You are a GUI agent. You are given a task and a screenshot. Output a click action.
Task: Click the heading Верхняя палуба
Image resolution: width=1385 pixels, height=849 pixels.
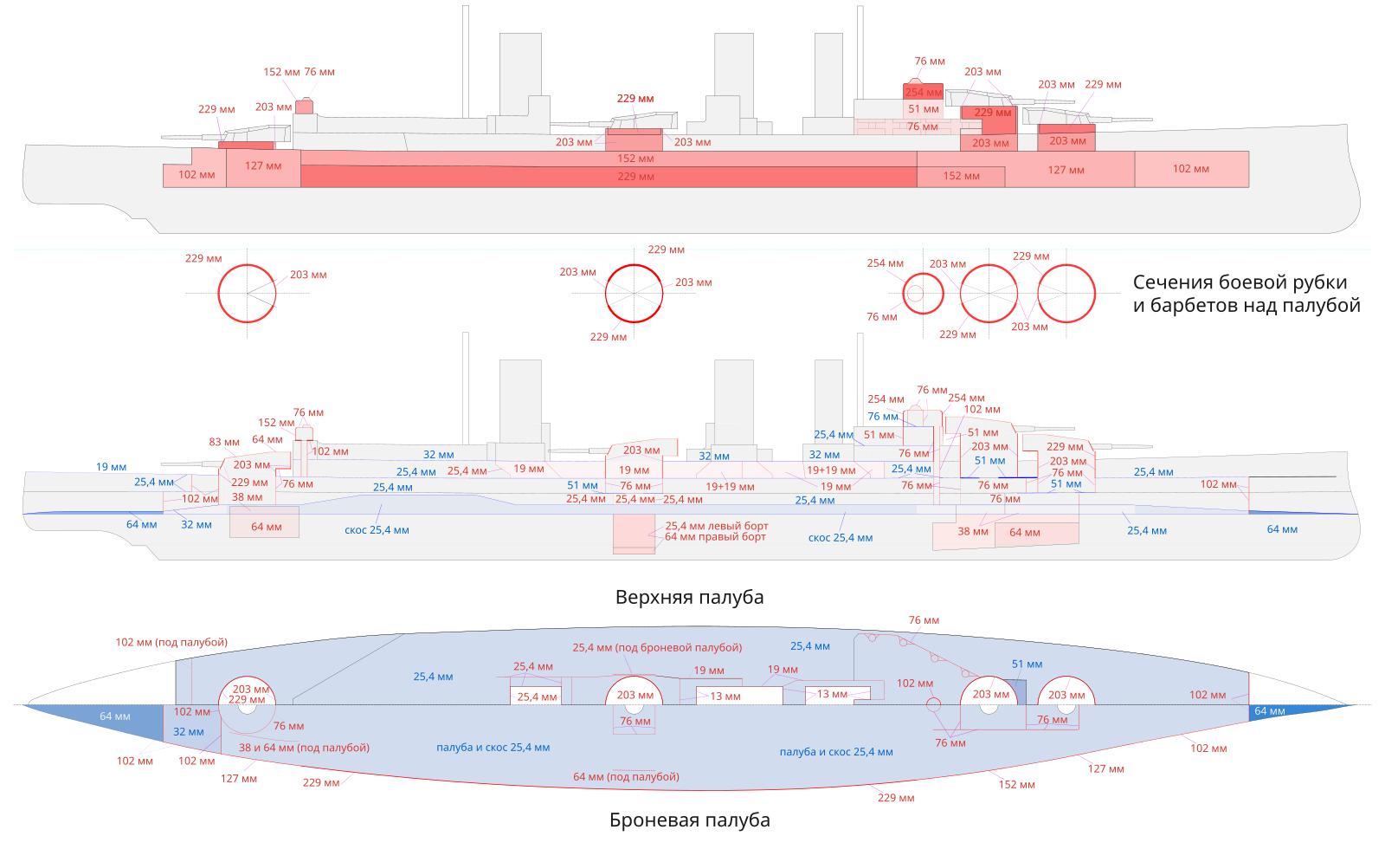[689, 598]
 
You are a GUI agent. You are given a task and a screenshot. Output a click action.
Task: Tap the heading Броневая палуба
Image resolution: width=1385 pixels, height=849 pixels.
[689, 820]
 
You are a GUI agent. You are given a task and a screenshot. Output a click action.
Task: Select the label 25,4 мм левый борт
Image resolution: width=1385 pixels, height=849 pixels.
[716, 526]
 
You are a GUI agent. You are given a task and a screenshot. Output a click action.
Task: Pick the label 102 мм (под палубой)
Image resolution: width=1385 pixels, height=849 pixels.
[171, 642]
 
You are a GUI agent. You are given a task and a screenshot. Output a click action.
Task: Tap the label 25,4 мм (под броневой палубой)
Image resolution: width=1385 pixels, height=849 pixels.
[657, 648]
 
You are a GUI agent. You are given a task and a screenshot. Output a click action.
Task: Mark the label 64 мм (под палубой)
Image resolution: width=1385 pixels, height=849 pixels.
[626, 777]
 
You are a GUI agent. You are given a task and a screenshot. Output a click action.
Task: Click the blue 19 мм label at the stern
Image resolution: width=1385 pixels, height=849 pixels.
[111, 467]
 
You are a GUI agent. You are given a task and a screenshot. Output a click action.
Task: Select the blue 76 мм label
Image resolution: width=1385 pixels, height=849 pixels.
[883, 417]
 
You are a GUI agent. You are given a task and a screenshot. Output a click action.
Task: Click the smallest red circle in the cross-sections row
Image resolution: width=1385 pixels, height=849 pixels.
[924, 294]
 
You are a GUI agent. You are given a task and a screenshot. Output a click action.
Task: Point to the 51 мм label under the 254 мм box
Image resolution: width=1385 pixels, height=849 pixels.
[924, 109]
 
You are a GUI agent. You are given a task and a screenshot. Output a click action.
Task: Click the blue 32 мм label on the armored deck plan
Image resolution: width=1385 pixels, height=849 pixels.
[189, 732]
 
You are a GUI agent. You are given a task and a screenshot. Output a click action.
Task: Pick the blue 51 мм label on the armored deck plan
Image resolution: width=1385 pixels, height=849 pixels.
[1027, 664]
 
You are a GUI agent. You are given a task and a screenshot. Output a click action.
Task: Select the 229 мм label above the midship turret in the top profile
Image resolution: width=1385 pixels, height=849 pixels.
[635, 99]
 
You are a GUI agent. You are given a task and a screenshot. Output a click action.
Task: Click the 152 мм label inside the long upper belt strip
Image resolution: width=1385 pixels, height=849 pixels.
[635, 159]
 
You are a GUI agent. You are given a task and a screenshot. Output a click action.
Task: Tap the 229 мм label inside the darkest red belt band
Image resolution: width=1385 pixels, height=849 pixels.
[635, 177]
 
